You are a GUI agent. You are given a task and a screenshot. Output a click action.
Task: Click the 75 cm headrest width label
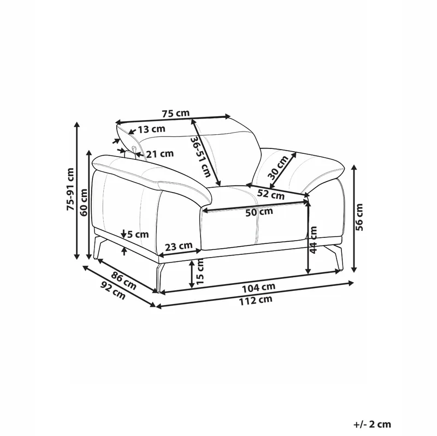click(x=175, y=114)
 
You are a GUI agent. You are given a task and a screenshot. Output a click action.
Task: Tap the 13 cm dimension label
click(x=152, y=129)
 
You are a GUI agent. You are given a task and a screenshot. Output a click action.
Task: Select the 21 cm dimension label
click(x=160, y=153)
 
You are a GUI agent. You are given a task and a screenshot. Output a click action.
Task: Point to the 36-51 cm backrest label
click(x=201, y=157)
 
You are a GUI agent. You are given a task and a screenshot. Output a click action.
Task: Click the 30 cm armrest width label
click(x=278, y=168)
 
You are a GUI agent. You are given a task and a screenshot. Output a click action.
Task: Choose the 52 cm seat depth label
click(x=270, y=194)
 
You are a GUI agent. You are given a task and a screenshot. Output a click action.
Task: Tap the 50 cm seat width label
click(x=259, y=212)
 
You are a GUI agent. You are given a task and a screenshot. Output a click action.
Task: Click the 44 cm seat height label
click(x=314, y=240)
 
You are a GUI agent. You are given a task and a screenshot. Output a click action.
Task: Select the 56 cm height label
click(x=359, y=217)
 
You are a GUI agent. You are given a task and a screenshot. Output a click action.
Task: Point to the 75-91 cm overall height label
click(x=70, y=189)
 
